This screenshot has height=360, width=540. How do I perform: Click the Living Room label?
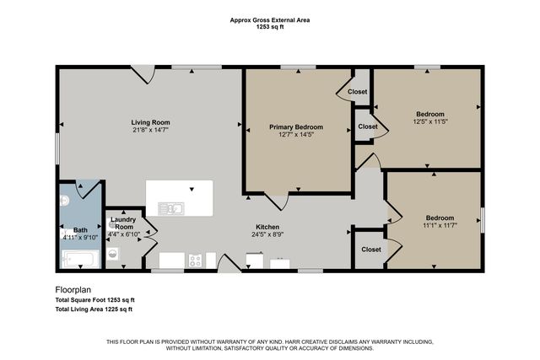click(150, 121)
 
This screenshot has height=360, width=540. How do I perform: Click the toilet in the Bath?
click(64, 201)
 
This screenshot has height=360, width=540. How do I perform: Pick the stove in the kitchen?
click(195, 261)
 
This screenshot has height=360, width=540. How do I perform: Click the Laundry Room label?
click(123, 223)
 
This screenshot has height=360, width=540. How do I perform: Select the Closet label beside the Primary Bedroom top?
click(357, 91)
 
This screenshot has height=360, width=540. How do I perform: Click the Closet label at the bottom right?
click(370, 250)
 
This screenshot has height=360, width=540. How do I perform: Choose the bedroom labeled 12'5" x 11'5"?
click(429, 118)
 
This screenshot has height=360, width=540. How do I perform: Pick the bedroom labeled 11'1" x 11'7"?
click(439, 221)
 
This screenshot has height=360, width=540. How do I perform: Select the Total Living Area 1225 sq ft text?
click(94, 310)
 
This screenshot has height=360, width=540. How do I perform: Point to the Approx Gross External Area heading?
click(269, 20)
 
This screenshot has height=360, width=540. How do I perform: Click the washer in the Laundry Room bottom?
click(113, 253)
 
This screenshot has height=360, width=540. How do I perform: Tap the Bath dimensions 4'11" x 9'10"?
click(81, 237)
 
